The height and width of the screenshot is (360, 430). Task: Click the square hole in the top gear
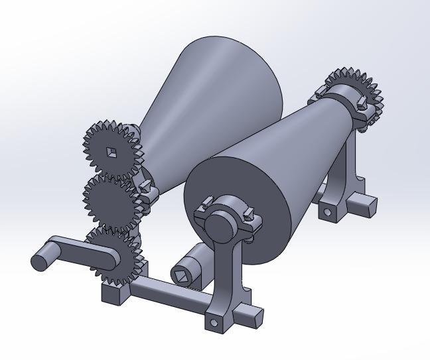click(111, 152)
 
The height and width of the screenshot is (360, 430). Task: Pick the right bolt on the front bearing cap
click(250, 213)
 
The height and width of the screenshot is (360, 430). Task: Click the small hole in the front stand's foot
click(214, 322)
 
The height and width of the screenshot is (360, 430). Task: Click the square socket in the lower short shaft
click(182, 272)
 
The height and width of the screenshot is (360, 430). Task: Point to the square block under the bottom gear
click(114, 290)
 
